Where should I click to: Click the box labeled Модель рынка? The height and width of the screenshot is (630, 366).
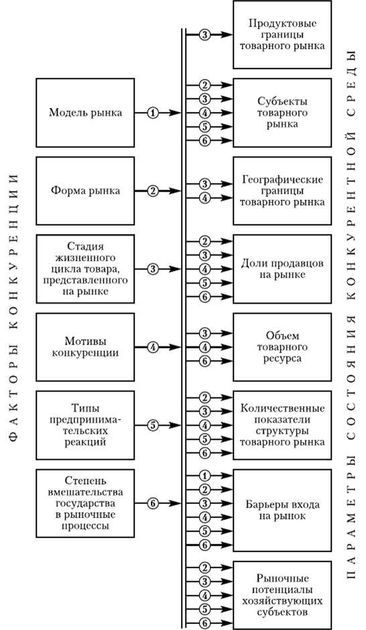[x=85, y=113]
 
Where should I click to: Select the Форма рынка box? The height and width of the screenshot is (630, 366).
[x=85, y=191]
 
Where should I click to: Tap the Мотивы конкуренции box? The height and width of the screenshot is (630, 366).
[x=85, y=346]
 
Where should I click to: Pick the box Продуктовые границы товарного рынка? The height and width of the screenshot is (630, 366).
[x=282, y=34]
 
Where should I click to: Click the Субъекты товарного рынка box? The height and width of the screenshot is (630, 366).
[x=282, y=112]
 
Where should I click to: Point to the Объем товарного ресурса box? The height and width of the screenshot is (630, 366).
[x=282, y=346]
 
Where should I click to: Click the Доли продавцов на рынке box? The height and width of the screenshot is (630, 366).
[x=282, y=268]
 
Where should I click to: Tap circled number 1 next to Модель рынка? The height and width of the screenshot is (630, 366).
[x=154, y=113]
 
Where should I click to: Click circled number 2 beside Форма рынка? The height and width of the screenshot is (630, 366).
[x=154, y=191]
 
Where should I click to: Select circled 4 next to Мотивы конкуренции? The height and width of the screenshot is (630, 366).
[x=154, y=347]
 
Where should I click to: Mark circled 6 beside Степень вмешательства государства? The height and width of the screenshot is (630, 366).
[x=154, y=503]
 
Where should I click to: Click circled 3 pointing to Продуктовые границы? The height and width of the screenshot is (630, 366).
[x=205, y=34]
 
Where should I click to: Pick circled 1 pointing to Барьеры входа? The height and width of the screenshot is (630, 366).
[x=205, y=475]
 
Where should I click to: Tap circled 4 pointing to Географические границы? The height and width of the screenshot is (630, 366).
[x=205, y=198]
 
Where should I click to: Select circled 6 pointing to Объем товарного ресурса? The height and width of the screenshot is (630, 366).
[x=205, y=361]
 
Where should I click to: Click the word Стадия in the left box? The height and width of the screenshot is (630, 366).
[x=85, y=246]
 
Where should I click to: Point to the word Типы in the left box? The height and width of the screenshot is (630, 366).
[x=85, y=406]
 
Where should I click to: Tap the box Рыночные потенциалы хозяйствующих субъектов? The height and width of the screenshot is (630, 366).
[x=282, y=594]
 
